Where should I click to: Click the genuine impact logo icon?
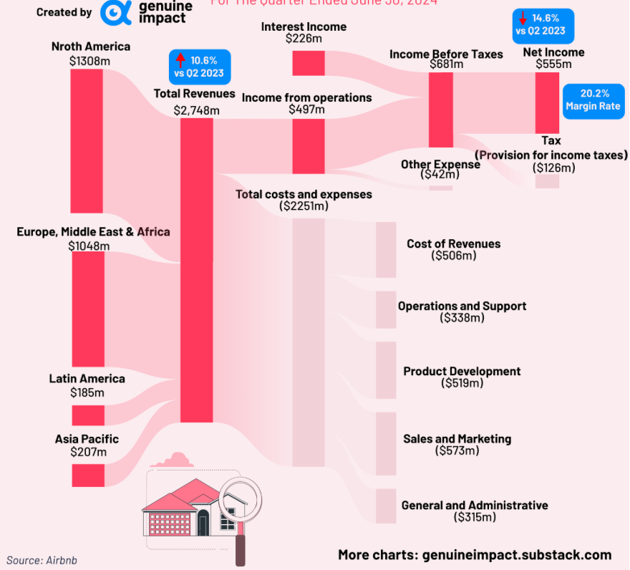[x=116, y=12]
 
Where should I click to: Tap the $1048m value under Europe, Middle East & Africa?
[x=89, y=246]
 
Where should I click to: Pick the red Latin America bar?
[x=87, y=415]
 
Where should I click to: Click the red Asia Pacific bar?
[x=87, y=475]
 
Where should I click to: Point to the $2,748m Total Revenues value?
[x=196, y=110]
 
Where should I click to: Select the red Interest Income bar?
[x=309, y=63]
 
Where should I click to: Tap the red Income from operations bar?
[x=309, y=146]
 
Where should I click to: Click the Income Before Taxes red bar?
[x=440, y=110]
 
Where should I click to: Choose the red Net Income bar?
[x=547, y=102]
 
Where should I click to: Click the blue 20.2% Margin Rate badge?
[x=593, y=101]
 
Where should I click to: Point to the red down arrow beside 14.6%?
[x=523, y=19]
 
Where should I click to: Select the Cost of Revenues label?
[x=453, y=243]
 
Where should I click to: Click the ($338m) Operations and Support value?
[x=462, y=317]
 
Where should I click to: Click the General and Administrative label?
[x=474, y=505]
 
